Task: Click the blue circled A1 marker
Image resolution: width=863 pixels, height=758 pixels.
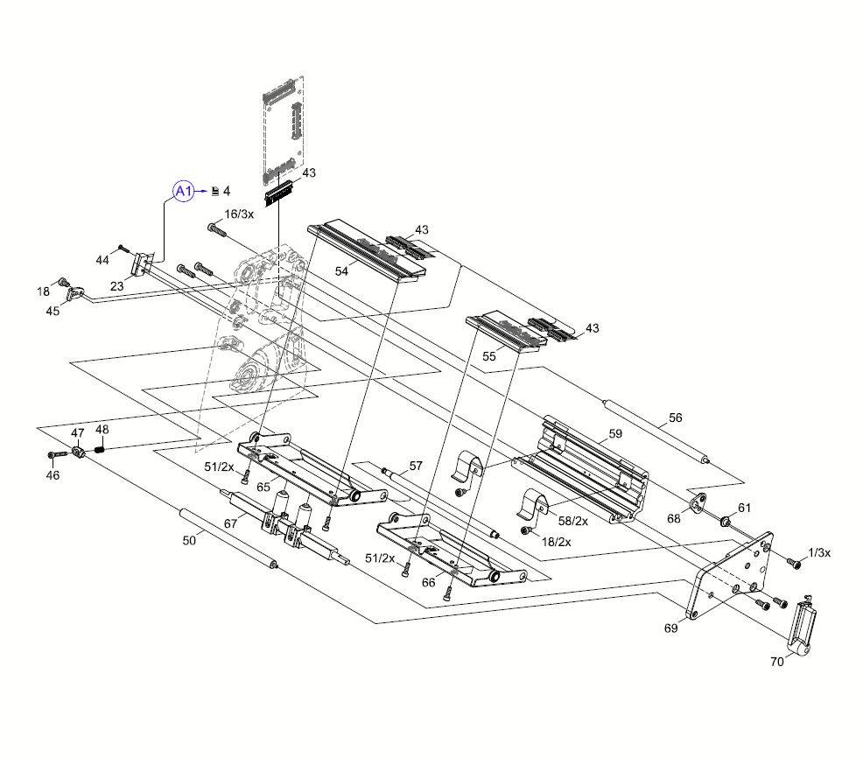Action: [182, 191]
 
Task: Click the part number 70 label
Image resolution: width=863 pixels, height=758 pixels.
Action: [776, 662]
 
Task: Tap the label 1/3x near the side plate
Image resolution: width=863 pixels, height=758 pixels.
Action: [819, 552]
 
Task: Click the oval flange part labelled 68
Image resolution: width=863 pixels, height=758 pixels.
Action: [698, 504]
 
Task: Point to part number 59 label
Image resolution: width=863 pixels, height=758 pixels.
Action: [615, 434]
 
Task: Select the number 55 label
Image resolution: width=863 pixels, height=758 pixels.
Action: [489, 356]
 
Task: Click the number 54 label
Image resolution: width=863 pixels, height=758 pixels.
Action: [341, 272]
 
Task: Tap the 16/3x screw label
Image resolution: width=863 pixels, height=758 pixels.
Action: [239, 214]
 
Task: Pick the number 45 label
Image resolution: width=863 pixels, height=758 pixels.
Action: [53, 311]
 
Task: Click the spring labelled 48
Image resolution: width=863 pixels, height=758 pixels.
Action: [100, 449]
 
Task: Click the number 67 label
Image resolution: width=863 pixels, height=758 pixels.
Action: [231, 523]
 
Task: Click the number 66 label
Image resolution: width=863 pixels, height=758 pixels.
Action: [429, 582]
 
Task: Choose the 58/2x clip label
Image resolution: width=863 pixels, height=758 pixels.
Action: [573, 521]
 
